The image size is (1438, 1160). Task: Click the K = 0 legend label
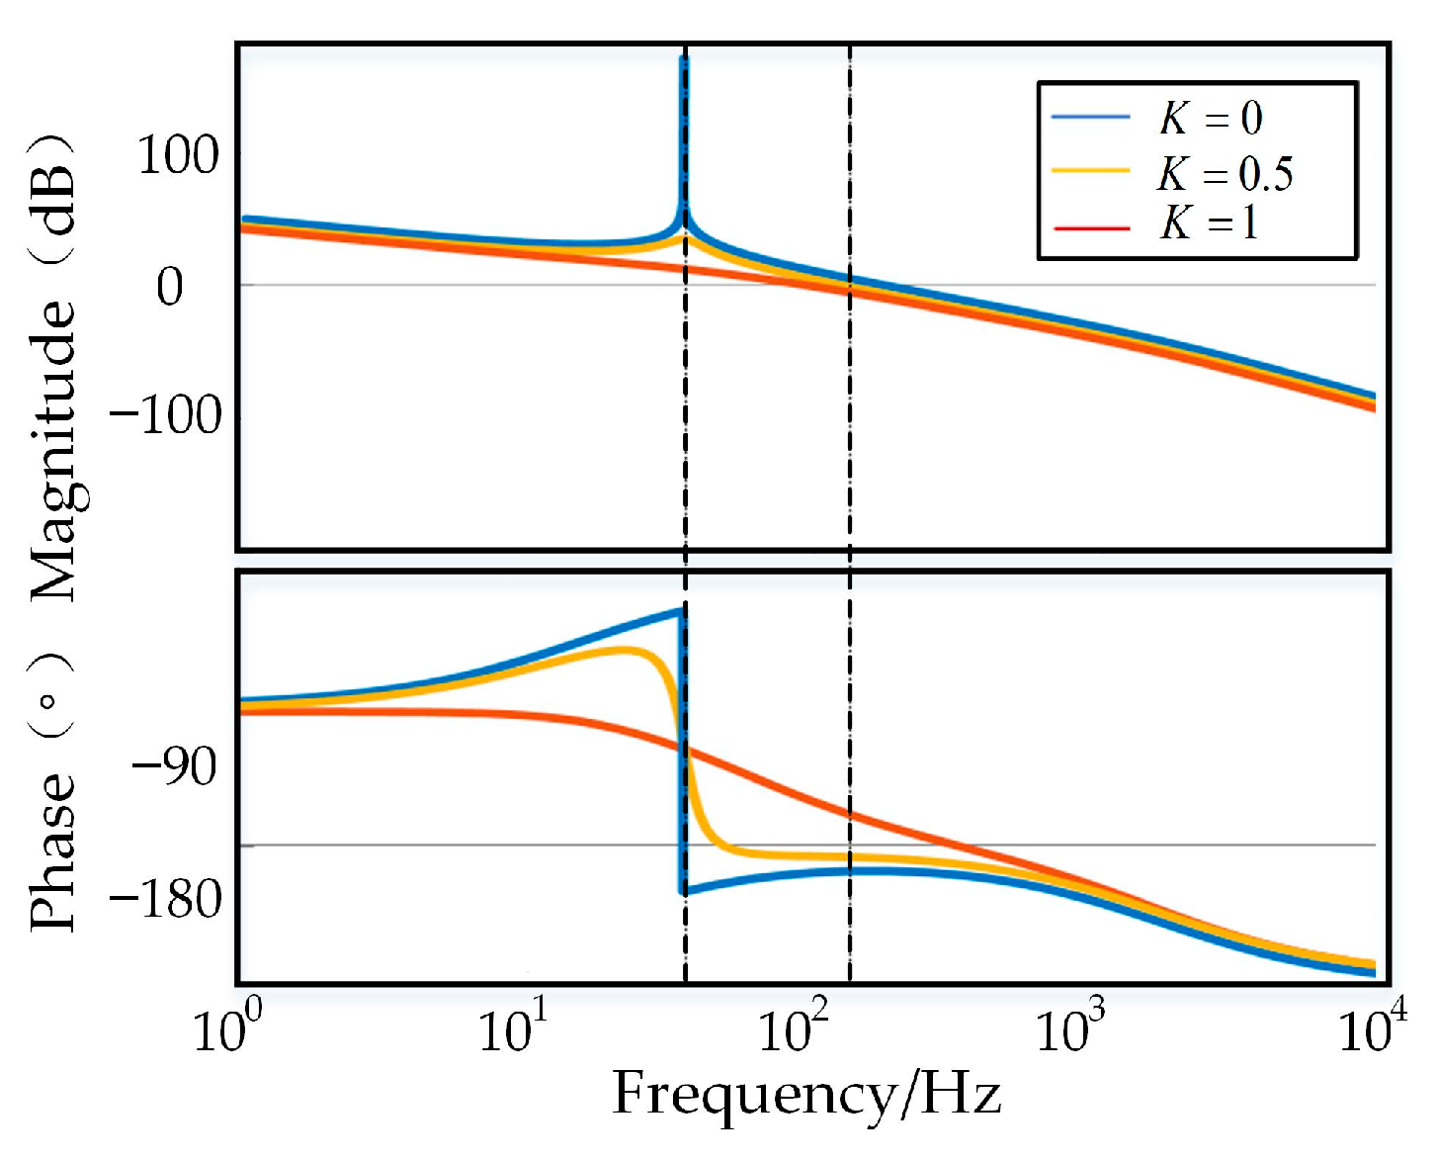pos(1211,119)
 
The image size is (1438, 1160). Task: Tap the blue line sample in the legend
pos(1091,118)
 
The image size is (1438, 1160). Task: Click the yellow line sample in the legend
pos(1091,171)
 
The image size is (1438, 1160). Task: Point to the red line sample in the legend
pos(1091,228)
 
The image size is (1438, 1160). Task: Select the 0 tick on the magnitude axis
pos(170,287)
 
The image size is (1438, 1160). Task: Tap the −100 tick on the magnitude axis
pos(166,414)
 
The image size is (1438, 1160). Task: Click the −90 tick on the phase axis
pos(174,765)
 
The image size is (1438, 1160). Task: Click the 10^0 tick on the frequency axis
pos(227,1028)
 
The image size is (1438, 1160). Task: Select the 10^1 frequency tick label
pos(512,1028)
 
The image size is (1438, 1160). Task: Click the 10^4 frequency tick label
pos(1372,1028)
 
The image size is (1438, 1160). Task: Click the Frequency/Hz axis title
pos(806,1094)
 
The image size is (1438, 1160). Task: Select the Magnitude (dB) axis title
pos(53,366)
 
